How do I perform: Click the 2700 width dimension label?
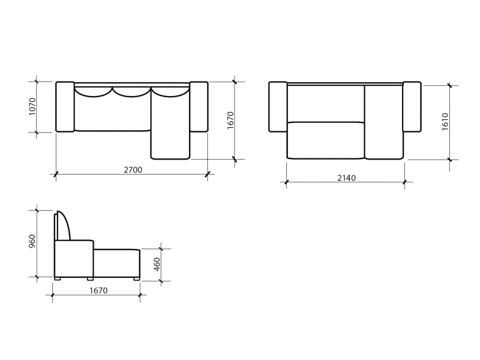133,170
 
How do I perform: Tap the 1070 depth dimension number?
32,107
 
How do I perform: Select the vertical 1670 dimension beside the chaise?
230,121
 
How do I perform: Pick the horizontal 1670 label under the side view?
98,290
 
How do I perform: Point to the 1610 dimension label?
445,122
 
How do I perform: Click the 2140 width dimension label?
347,178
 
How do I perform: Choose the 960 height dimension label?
32,241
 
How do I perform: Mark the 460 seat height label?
157,265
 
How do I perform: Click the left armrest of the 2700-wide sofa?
65,107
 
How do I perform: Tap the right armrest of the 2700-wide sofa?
199,107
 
